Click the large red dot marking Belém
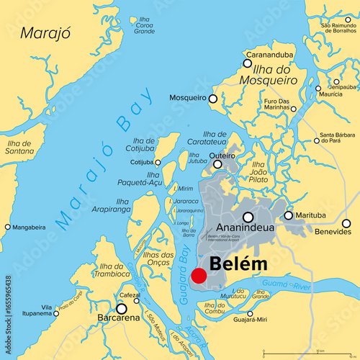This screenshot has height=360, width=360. (x=199, y=276)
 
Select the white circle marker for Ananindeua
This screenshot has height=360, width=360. (x=248, y=217)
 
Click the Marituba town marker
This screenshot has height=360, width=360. (x=289, y=215)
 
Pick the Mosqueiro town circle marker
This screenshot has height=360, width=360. (x=212, y=97)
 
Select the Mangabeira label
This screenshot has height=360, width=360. (x=29, y=227)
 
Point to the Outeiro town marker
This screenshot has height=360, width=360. (x=217, y=164)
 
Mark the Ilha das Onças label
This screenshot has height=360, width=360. (x=158, y=259)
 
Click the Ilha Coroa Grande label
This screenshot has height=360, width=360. (x=144, y=25)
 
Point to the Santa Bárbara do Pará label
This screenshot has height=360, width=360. (x=336, y=138)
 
